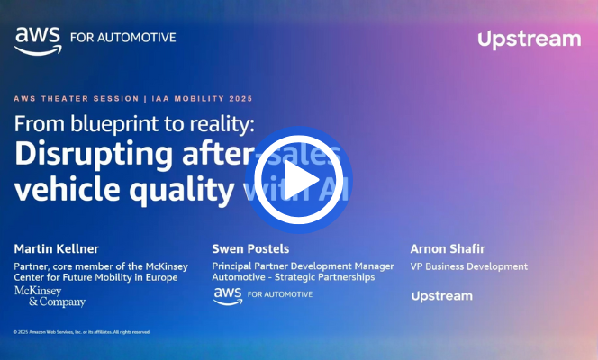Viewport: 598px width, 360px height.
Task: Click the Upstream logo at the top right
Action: click(x=529, y=39)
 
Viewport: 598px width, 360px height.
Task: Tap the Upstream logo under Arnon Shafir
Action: click(x=441, y=295)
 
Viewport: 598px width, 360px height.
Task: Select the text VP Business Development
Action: click(x=469, y=266)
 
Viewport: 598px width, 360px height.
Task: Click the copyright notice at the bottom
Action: click(x=82, y=332)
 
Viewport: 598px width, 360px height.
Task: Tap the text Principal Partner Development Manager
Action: click(x=303, y=266)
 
